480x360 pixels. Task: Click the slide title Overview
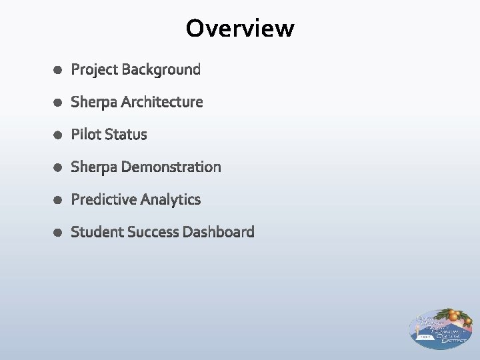[240, 29]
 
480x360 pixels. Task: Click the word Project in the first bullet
[95, 69]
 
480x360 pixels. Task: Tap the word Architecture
[162, 102]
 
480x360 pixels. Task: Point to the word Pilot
[86, 135]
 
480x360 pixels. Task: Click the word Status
[126, 135]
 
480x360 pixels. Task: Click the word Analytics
[169, 199]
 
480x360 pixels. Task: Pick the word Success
[153, 232]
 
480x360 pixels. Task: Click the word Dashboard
[219, 232]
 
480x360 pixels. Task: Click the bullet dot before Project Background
[58, 70]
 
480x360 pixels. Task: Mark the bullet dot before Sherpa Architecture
[58, 103]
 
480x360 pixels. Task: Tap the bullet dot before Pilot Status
[58, 135]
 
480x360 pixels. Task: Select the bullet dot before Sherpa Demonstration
[58, 167]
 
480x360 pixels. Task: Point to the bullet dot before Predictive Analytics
[58, 200]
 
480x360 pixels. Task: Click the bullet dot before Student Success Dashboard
[58, 233]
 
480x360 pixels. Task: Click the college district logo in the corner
[441, 328]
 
